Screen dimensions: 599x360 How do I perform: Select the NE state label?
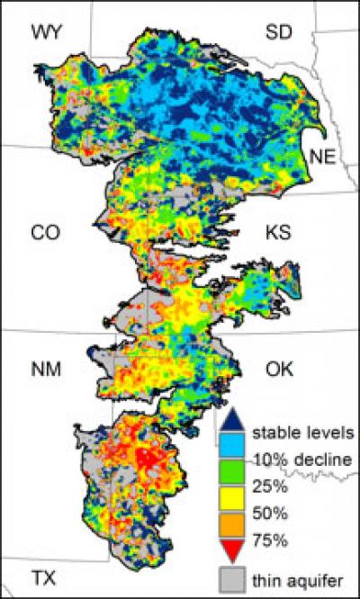322,156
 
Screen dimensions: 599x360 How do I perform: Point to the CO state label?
45,233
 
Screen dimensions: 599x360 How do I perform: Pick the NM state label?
45,370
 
